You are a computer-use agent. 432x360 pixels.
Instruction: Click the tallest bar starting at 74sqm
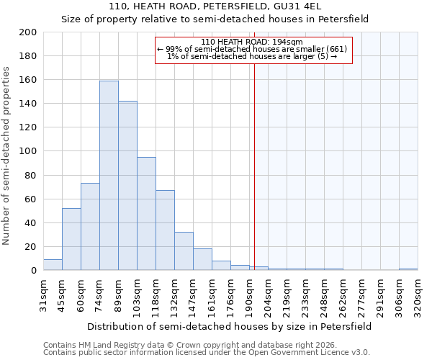point(109,176)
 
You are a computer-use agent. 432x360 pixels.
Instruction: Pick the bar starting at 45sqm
point(71,239)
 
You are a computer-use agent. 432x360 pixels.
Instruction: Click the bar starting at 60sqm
point(90,227)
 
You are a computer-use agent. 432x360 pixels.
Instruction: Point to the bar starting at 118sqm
point(165,230)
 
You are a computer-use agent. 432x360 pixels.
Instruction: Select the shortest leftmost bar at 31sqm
point(53,265)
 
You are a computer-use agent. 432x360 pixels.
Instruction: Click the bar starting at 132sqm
point(184,251)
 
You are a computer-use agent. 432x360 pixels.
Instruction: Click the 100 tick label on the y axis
point(29,151)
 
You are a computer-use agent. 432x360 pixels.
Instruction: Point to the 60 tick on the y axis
point(31,199)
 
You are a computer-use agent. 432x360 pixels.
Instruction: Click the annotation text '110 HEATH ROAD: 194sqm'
point(252,42)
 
